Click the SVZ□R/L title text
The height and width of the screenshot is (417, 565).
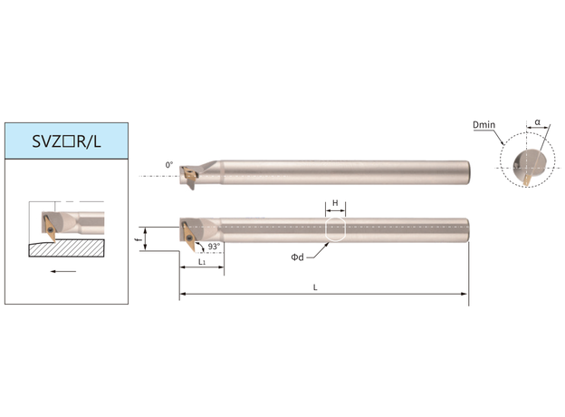(x=66, y=141)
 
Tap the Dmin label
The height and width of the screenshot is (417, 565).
(x=484, y=125)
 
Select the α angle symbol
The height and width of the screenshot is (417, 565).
(x=537, y=121)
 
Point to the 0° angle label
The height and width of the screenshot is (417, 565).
(x=169, y=165)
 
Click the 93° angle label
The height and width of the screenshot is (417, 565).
(x=214, y=247)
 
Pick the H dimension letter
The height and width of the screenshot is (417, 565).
(x=335, y=203)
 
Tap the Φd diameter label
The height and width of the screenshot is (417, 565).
(x=297, y=257)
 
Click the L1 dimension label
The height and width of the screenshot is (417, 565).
(x=202, y=262)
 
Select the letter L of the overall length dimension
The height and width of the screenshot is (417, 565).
(x=315, y=287)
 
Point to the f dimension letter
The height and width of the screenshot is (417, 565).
(x=139, y=239)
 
